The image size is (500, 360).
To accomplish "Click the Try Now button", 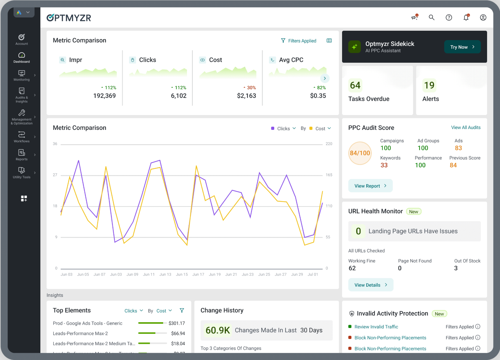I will click(462, 47).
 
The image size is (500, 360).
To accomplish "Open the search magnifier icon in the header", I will click(432, 17).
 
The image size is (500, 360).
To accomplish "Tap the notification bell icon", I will click(466, 18).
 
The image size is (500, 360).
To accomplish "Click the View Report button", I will click(370, 186).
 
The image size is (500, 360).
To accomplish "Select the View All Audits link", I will click(465, 128).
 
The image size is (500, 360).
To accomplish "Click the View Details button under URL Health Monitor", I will click(370, 285).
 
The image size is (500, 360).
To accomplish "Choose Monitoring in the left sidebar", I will click(22, 76).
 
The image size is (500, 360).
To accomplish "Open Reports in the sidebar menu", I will click(22, 155).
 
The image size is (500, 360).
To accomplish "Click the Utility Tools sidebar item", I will click(22, 173).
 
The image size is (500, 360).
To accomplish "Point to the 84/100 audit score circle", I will click(360, 153).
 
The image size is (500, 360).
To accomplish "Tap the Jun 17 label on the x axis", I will click(198, 274).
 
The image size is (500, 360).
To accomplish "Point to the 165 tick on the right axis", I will click(329, 175).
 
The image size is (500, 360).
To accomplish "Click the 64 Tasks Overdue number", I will click(355, 85).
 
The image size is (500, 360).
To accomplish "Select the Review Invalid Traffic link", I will click(376, 327).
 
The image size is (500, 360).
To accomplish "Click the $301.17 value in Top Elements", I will click(177, 323).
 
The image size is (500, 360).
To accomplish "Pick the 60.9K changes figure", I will click(218, 330).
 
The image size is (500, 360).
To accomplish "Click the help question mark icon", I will click(449, 17).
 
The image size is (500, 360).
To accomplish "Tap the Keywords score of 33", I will click(384, 165).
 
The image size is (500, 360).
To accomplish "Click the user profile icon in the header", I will click(483, 17).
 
